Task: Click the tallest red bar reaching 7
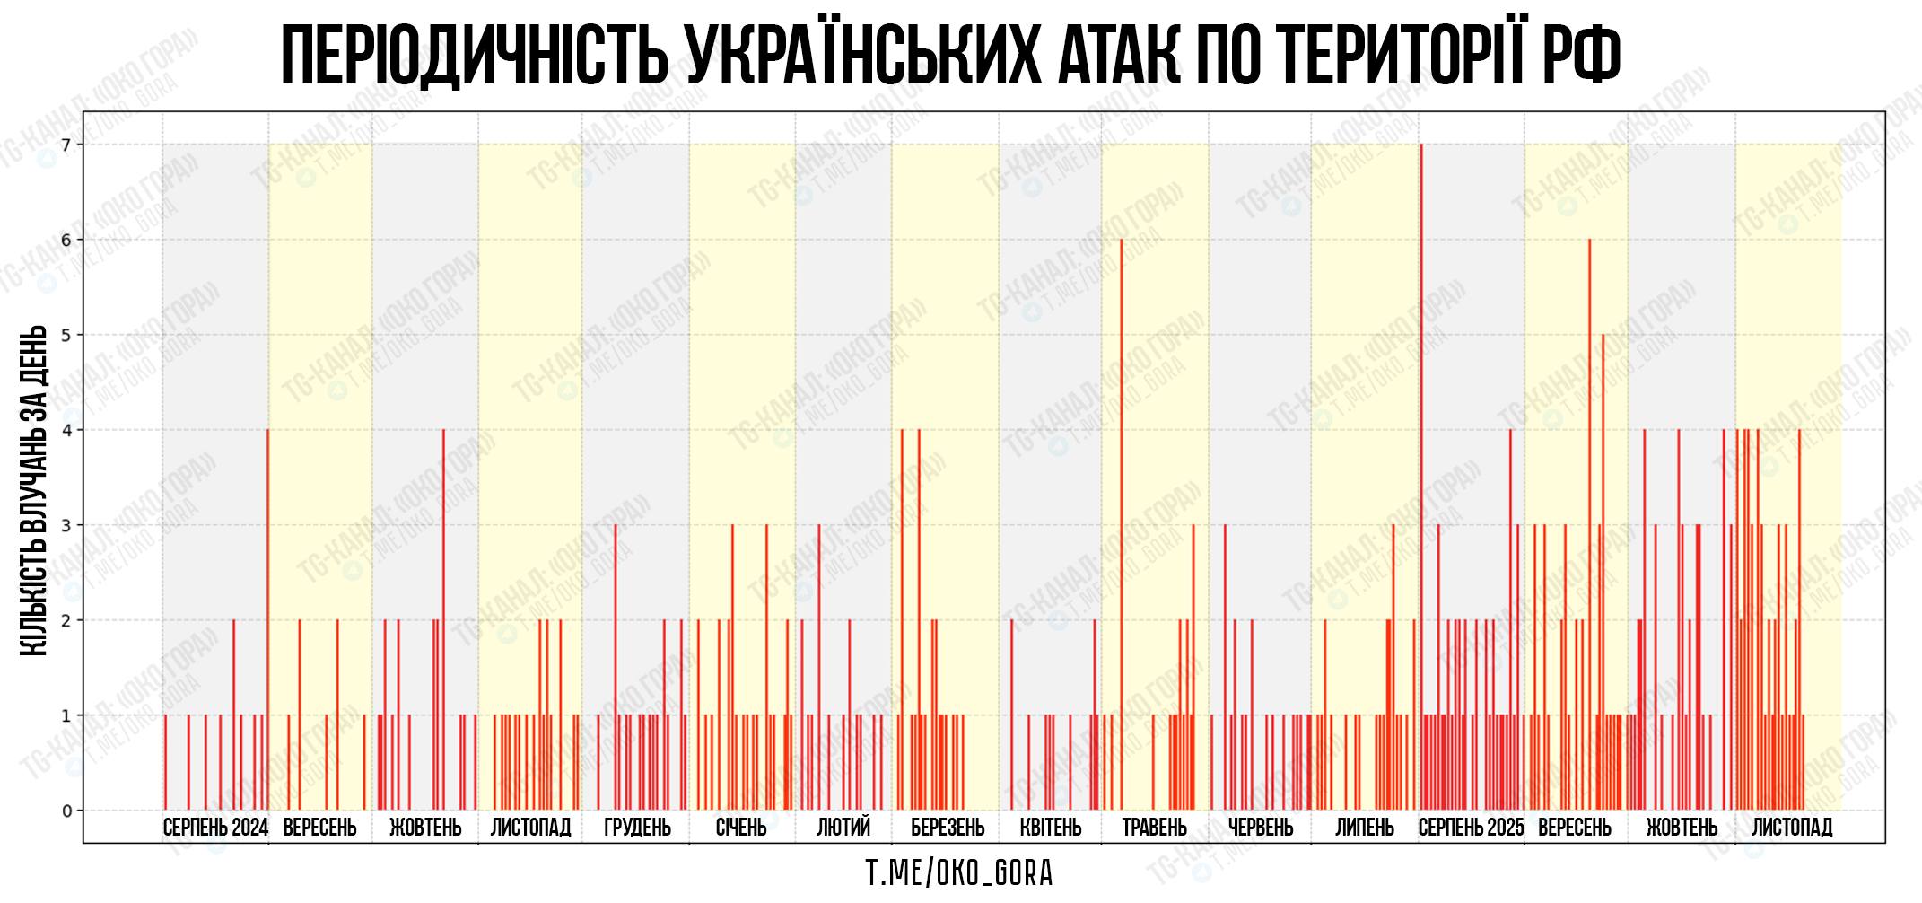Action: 1421,449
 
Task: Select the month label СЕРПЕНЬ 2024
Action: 215,828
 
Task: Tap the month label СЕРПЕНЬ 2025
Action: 1471,828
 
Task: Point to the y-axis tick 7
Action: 66,145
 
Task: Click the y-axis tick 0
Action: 66,811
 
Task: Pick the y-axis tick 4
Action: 66,430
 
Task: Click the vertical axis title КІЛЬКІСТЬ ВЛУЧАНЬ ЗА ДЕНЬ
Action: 33,490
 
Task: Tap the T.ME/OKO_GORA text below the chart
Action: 959,872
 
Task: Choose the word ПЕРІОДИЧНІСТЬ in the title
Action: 475,56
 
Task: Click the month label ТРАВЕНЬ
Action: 1154,828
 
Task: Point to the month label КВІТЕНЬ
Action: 1051,828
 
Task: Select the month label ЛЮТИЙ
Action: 843,828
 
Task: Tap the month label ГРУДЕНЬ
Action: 637,828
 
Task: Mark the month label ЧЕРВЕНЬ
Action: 1261,828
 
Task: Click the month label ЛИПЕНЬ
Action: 1365,828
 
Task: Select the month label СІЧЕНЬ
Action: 741,828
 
